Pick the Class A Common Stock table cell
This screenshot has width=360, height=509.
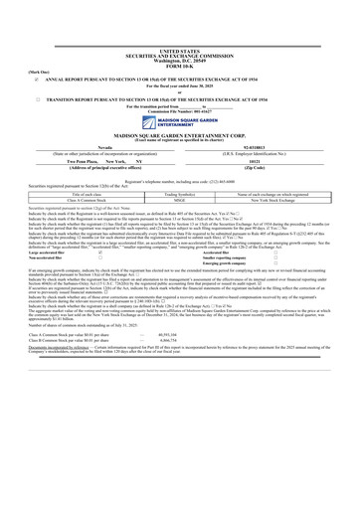(74, 199)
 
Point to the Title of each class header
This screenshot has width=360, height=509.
(74, 193)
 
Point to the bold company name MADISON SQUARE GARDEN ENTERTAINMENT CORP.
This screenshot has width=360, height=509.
(179, 133)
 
